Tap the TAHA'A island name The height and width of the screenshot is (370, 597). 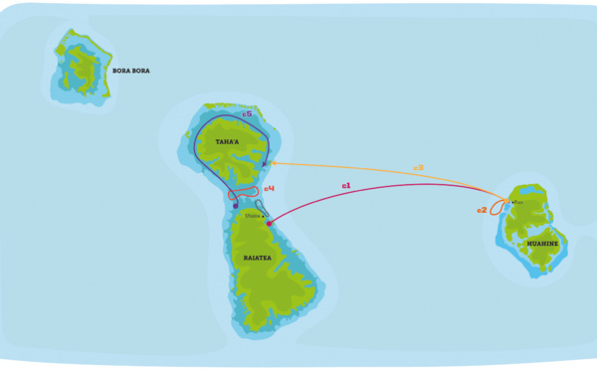pyautogui.click(x=228, y=142)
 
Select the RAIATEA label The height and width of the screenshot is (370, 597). pyautogui.click(x=257, y=258)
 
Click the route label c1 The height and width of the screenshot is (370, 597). pyautogui.click(x=346, y=185)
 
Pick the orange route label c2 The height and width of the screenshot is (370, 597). pyautogui.click(x=482, y=210)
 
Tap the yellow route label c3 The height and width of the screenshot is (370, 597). pyautogui.click(x=419, y=167)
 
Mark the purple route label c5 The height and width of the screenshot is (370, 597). pyautogui.click(x=247, y=115)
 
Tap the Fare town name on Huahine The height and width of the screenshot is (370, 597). pyautogui.click(x=517, y=203)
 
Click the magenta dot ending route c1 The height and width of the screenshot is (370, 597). pyautogui.click(x=269, y=224)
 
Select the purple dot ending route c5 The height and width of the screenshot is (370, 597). pyautogui.click(x=235, y=206)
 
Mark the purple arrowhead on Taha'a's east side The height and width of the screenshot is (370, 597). pyautogui.click(x=265, y=164)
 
